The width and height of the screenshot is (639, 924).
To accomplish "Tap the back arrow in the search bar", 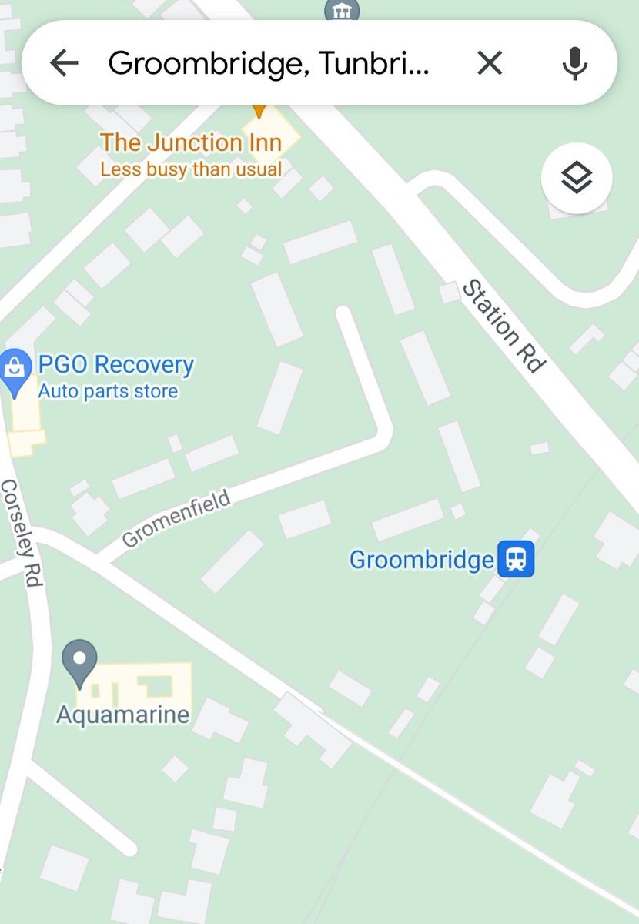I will coord(65,63).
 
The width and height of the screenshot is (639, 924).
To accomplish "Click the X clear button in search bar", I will coord(490,63).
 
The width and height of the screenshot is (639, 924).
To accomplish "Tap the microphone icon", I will coord(574,63).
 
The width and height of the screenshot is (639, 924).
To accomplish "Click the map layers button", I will coord(577,179).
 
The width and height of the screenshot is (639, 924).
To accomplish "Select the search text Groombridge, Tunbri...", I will coord(268,63).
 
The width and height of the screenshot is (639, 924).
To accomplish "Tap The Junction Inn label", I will coord(190,142).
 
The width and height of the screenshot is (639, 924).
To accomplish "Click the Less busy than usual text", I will coord(191,169).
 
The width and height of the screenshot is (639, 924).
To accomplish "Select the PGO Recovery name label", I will coord(115,364).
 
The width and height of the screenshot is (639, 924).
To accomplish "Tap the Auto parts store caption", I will coord(108,391).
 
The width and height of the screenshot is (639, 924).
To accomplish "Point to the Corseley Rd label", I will coord(21,533).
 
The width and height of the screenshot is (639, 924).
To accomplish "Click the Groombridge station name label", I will coord(421,559).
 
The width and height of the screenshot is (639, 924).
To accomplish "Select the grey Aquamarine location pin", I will coord(79,661).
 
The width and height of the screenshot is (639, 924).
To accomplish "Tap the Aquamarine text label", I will coord(123,715).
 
